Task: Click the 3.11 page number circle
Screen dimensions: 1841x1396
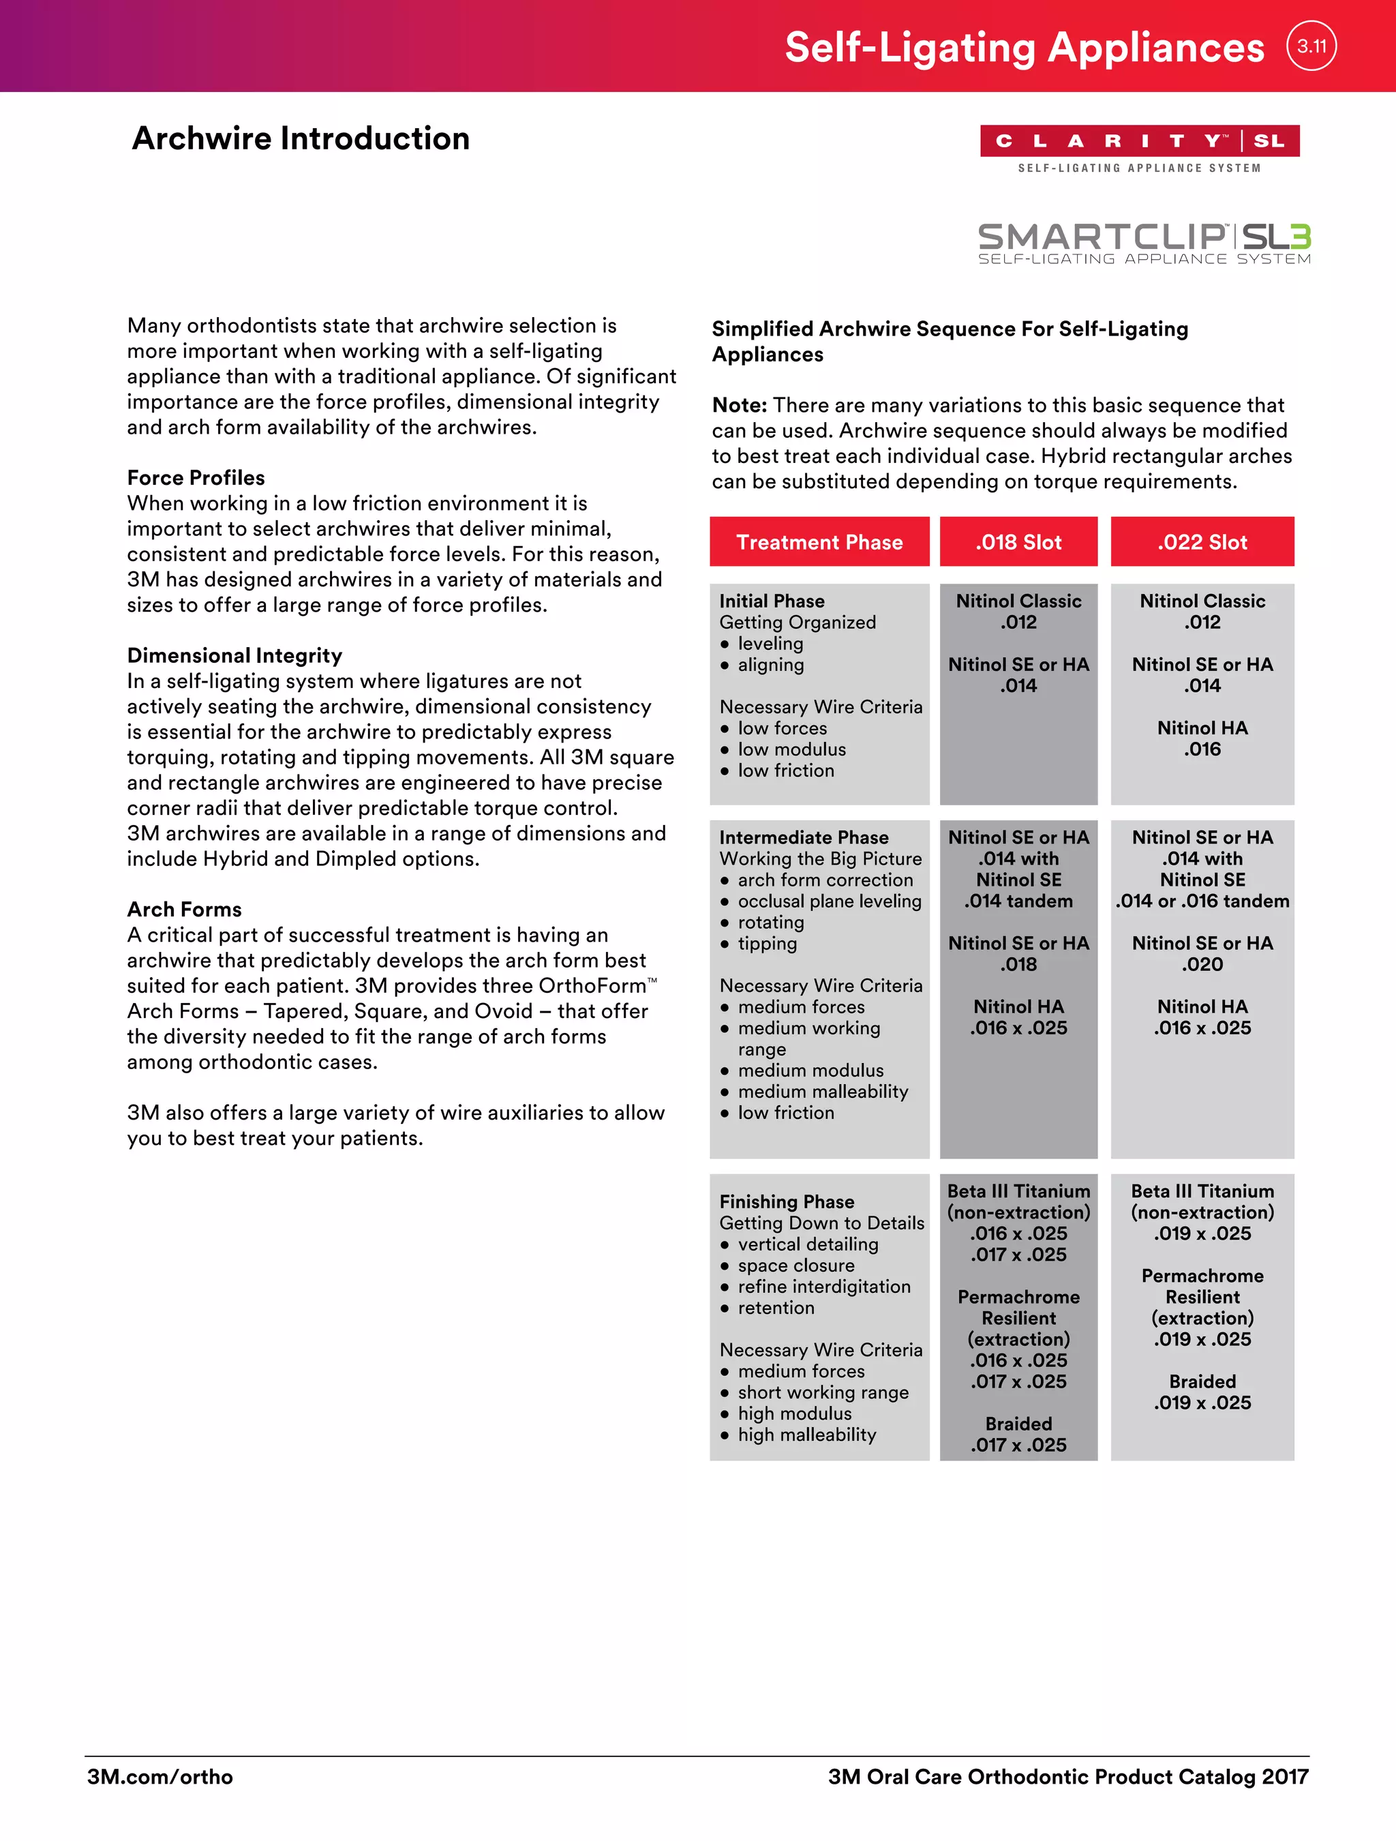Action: (1311, 46)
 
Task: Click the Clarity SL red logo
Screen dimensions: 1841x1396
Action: (1139, 140)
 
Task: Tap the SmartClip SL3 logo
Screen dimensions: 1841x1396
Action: (1144, 243)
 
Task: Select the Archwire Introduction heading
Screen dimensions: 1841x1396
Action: (301, 138)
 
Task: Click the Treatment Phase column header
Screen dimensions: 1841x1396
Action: (819, 542)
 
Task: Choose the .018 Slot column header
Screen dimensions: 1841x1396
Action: (1018, 542)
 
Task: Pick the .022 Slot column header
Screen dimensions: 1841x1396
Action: (1202, 542)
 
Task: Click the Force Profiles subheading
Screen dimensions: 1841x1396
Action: (196, 478)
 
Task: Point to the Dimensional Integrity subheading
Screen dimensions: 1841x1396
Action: (234, 656)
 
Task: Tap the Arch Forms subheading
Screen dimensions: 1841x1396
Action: (184, 909)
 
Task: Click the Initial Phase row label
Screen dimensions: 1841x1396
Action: (771, 601)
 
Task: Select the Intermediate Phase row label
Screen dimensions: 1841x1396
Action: (803, 837)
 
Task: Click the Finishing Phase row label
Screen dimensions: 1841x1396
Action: (786, 1202)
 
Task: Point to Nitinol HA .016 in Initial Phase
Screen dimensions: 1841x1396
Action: (1202, 738)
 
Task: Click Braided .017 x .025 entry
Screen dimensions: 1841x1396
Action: (1018, 1434)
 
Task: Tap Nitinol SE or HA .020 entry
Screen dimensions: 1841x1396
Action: (1202, 954)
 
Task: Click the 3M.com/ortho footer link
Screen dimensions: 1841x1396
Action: (160, 1777)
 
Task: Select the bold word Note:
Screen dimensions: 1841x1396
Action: (739, 405)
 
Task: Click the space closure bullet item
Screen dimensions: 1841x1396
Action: (795, 1265)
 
